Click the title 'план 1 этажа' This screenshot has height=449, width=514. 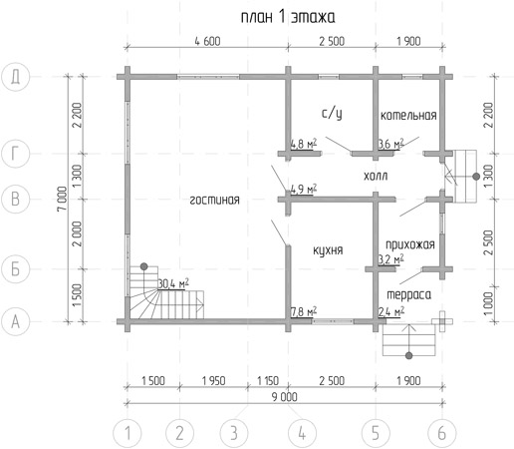tap(288, 18)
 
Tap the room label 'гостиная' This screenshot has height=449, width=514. tap(214, 201)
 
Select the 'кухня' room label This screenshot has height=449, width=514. tap(328, 250)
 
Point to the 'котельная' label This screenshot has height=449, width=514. tap(408, 116)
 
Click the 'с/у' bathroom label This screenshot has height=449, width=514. tap(332, 114)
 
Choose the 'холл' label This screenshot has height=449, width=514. tap(376, 176)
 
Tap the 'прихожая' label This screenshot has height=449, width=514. tap(410, 244)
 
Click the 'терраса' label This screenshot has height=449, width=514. tap(409, 295)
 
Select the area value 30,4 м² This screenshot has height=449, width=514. tap(173, 283)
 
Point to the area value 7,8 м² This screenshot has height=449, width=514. tap(304, 312)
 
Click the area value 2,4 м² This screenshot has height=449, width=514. tap(391, 312)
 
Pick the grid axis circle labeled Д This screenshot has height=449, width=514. tap(16, 77)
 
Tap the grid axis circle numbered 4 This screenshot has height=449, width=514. tap(302, 433)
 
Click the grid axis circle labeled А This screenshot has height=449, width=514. tap(16, 322)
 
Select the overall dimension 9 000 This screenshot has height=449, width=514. tap(285, 397)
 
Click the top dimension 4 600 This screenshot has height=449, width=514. tap(207, 42)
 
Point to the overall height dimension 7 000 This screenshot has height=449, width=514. tap(62, 199)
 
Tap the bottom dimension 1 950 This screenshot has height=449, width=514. tap(214, 381)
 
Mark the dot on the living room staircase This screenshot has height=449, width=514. tap(143, 266)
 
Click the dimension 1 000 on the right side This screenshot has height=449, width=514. tap(489, 304)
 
